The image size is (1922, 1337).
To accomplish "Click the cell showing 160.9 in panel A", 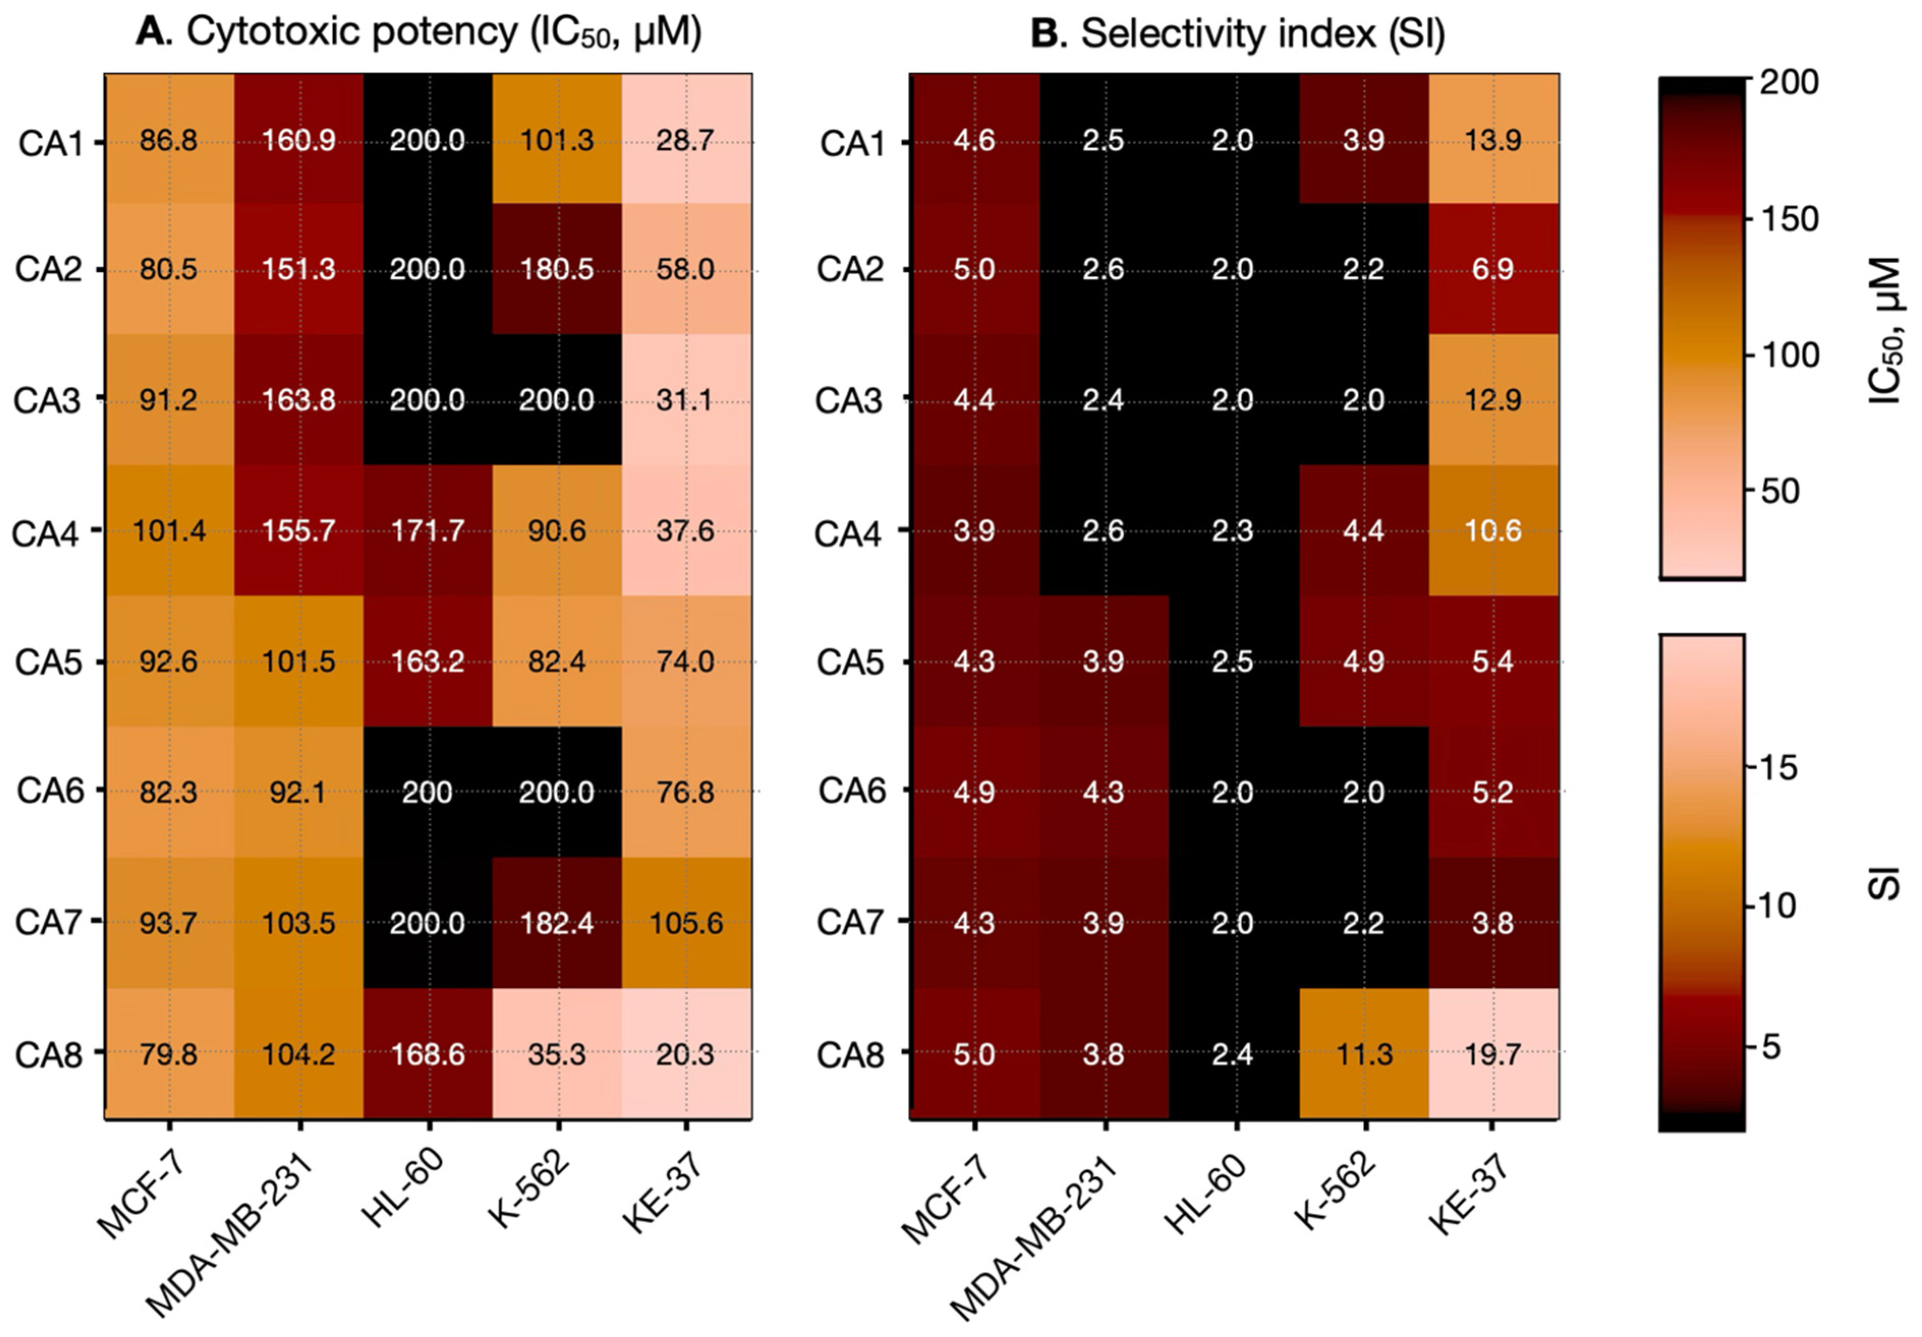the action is (299, 139).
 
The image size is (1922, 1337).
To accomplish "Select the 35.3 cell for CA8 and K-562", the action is (557, 1053).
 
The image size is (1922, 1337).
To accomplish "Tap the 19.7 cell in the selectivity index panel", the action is (1494, 1053).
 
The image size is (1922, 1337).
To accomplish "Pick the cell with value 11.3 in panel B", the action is (1364, 1053).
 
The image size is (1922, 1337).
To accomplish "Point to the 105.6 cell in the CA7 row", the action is (686, 923).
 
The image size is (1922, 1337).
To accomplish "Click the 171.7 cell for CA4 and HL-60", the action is (428, 531).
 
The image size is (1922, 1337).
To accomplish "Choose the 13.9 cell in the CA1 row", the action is (1494, 139).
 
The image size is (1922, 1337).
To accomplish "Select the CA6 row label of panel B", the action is (851, 791).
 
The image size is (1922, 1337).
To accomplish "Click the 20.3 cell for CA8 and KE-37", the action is (686, 1053).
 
